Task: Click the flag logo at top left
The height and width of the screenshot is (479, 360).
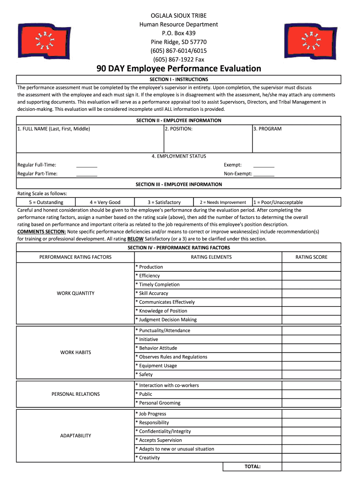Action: [x=43, y=41]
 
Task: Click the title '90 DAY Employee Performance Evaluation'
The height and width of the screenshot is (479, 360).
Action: [x=179, y=69]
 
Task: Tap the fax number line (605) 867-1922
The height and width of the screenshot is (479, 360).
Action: [x=179, y=59]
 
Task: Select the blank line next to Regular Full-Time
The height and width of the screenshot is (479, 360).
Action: [x=86, y=165]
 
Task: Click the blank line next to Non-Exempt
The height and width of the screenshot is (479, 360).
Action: [x=264, y=174]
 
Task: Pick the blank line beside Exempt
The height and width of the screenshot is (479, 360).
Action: [x=264, y=165]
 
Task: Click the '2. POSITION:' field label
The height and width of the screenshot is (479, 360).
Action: [x=179, y=129]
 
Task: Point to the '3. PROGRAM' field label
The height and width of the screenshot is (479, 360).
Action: [x=267, y=129]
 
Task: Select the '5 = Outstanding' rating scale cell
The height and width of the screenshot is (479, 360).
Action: [x=46, y=203]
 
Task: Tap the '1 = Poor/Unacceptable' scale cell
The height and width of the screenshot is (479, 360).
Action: [x=278, y=203]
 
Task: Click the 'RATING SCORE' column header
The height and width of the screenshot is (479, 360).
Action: [x=311, y=257]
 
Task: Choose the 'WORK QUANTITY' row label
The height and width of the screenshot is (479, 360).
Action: [x=75, y=293]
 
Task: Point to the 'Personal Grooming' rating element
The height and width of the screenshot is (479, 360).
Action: [x=159, y=403]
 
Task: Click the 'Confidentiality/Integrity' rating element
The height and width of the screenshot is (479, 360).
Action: [x=165, y=431]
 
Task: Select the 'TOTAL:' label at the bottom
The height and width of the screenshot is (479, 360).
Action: [x=252, y=467]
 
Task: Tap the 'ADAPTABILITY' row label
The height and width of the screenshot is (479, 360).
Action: [x=75, y=436]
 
